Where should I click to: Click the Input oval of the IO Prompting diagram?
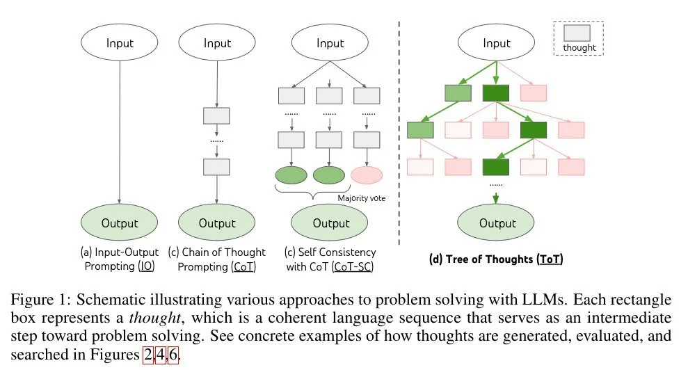120,42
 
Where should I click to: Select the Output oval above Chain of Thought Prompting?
217,223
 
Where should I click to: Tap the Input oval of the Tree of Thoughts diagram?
496,42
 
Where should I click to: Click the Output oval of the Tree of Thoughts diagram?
496,223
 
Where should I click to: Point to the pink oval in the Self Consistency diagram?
367,175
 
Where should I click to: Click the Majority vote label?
362,198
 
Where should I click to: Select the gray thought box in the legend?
577,33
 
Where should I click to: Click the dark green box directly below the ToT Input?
496,93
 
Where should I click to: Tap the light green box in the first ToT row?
458,93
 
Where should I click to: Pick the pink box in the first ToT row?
534,93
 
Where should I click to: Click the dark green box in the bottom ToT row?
496,167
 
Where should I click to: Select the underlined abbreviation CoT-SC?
353,267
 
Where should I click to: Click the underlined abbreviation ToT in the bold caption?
550,259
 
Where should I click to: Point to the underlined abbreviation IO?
147,266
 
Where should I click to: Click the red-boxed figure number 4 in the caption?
161,355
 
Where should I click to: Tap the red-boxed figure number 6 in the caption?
174,355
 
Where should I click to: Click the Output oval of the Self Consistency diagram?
330,223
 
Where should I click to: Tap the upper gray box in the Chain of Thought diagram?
216,116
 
